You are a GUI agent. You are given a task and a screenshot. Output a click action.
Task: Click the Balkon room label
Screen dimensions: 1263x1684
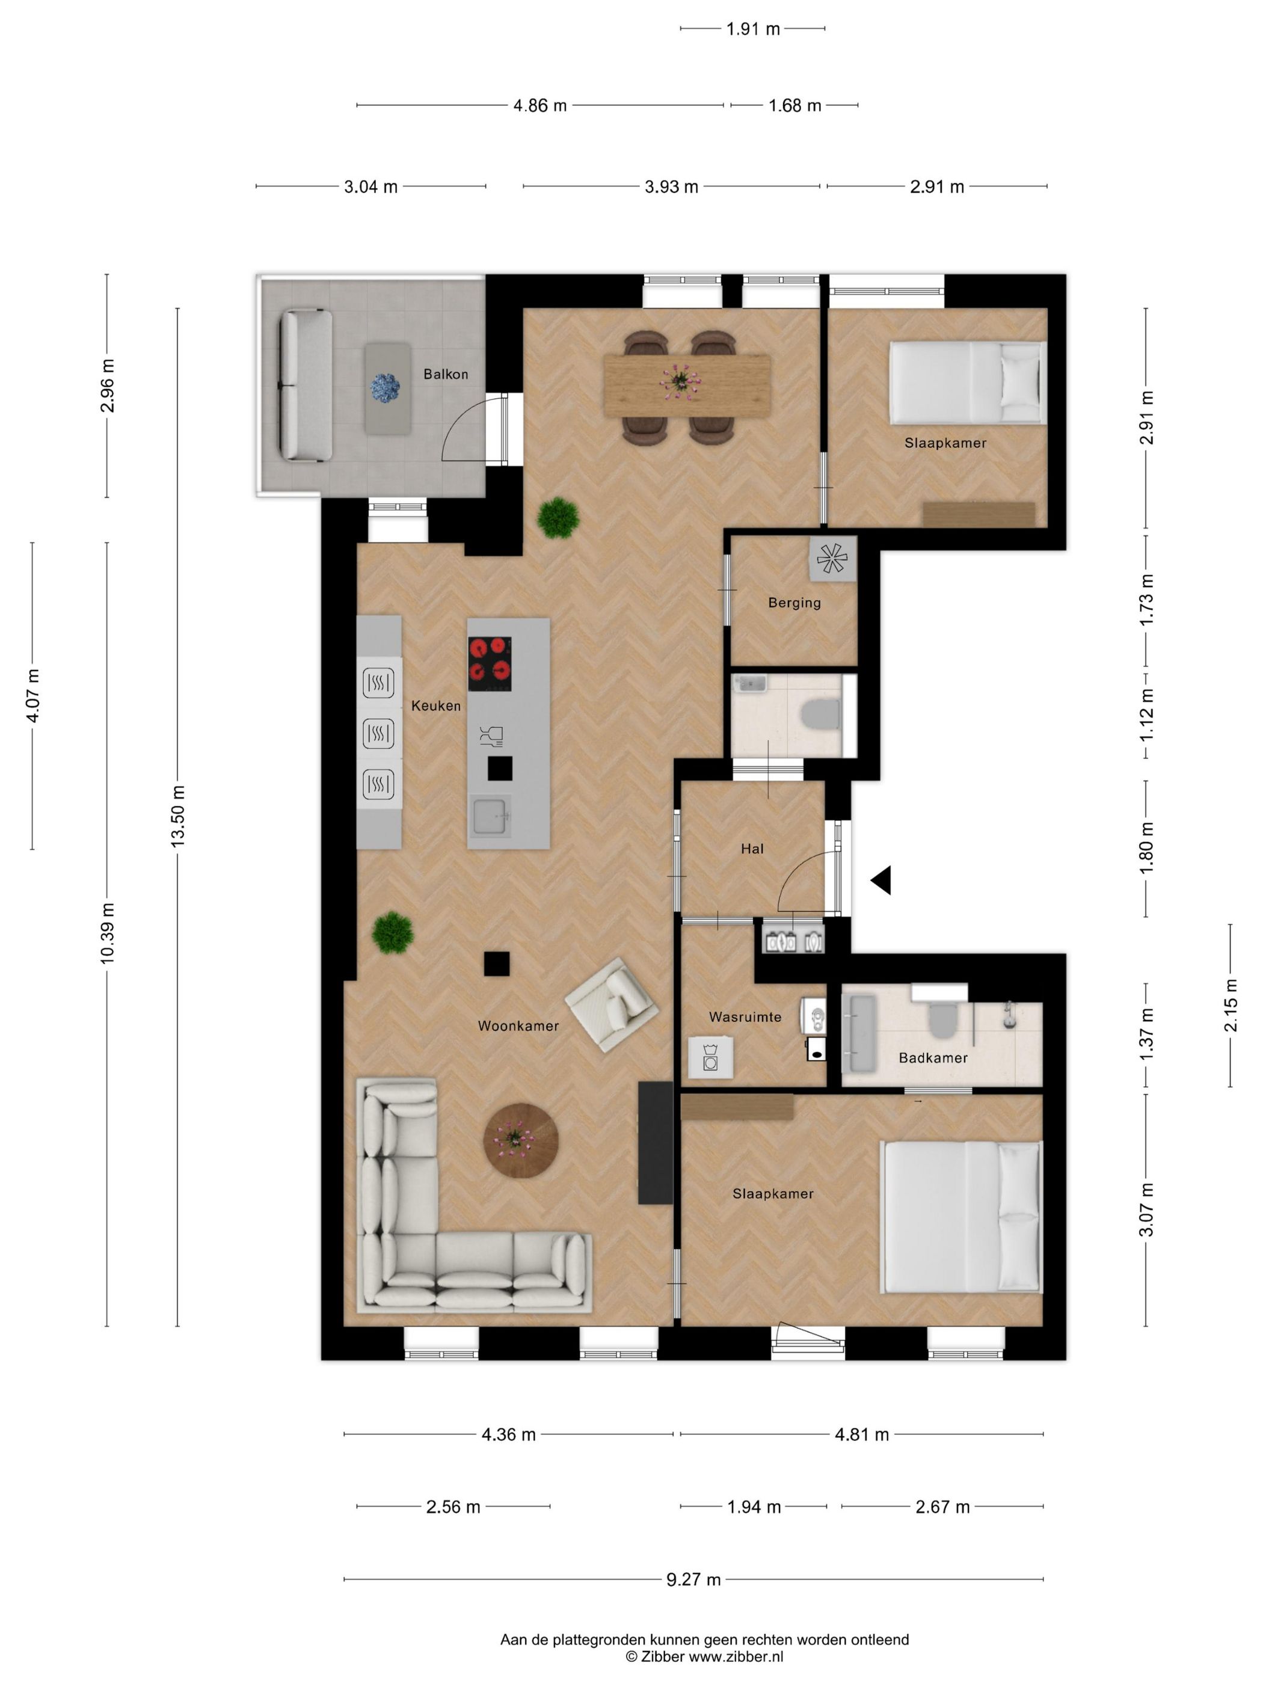446,375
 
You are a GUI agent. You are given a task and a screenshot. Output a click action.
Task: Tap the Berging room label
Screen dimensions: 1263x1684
794,603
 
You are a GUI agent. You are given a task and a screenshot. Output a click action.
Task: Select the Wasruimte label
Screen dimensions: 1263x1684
745,1017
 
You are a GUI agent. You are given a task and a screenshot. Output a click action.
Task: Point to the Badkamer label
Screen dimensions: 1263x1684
933,1058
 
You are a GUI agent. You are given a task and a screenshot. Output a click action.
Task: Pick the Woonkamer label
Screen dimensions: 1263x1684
518,1026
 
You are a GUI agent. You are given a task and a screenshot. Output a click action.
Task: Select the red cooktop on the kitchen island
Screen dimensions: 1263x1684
489,664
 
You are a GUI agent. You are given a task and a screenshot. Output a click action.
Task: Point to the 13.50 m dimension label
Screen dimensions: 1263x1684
177,817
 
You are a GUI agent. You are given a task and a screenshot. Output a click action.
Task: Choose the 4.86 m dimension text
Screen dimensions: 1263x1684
539,106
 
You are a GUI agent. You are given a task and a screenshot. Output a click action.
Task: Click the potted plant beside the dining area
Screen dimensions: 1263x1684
558,518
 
